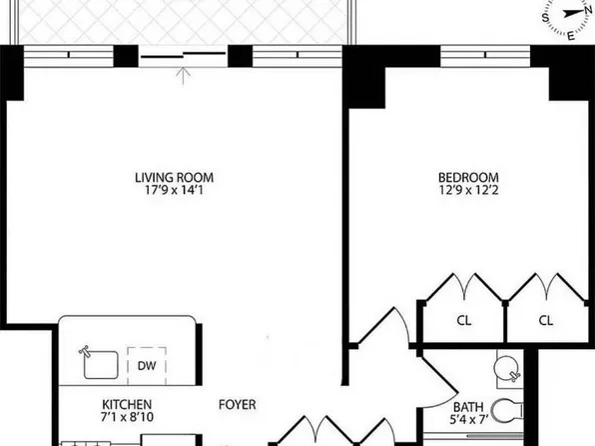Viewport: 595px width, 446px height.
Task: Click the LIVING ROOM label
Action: (174, 178)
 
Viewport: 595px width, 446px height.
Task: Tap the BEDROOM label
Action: (468, 178)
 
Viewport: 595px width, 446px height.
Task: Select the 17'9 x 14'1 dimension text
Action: (174, 190)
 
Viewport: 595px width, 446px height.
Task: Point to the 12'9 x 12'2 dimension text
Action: (468, 190)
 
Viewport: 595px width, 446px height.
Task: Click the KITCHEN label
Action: (127, 404)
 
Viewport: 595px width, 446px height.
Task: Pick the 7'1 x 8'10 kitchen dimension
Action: (127, 417)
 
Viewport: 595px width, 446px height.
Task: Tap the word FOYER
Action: (238, 404)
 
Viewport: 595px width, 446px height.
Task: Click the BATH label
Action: (468, 407)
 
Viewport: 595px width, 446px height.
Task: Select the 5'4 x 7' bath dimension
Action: (468, 420)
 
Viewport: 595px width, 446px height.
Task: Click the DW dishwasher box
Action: (147, 366)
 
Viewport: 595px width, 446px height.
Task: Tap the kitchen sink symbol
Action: (100, 364)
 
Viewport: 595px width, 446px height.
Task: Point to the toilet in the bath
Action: (507, 411)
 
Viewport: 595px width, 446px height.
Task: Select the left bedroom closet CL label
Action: (463, 321)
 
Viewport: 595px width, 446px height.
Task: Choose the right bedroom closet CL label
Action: (546, 321)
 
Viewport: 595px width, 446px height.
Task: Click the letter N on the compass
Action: (589, 10)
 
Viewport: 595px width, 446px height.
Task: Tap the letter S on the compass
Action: (546, 18)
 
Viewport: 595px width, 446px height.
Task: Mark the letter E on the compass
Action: (571, 37)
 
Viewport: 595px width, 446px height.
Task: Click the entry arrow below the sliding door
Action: (184, 76)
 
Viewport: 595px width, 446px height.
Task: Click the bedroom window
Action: (485, 56)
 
